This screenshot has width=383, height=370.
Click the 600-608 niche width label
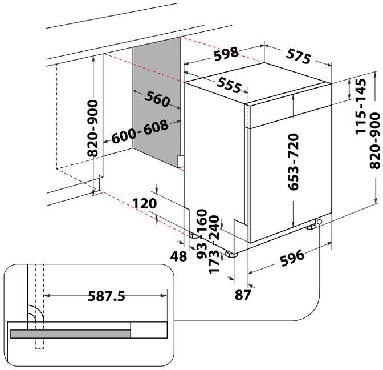[140, 132]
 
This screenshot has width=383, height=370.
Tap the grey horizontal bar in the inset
[69, 333]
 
